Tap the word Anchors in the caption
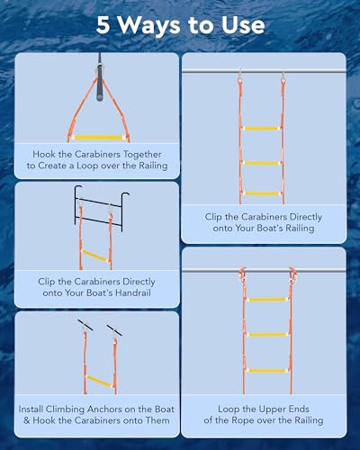click(118, 409)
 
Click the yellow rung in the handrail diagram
click(95, 255)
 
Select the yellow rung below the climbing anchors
click(96, 382)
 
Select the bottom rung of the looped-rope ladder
click(266, 370)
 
